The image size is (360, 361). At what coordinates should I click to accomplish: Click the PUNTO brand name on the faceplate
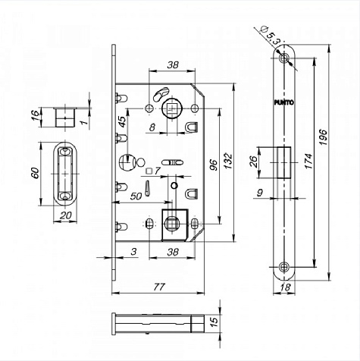coord(284,102)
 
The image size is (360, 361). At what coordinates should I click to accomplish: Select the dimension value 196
coord(324,137)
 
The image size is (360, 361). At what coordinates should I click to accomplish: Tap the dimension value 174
coord(308,161)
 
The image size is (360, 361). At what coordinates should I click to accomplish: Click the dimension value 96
coord(214,165)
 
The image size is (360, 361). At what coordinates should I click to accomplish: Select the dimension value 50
coord(136,196)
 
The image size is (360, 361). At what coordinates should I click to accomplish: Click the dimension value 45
coord(122,122)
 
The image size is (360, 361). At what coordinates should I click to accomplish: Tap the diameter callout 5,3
coord(270,36)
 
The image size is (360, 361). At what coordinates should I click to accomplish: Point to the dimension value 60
coord(36,173)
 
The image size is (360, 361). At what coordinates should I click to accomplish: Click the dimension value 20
coord(66,215)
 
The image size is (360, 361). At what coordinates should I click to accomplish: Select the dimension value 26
coord(253,162)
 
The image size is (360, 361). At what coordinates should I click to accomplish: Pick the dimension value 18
coord(286,287)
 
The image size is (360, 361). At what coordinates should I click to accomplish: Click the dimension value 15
coord(214,322)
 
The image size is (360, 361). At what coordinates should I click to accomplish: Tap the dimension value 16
coord(36,115)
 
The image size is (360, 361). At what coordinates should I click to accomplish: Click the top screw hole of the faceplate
coord(284,58)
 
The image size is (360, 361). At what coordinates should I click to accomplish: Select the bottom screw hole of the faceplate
coord(284,267)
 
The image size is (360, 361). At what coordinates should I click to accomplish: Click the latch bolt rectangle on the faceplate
coord(284,163)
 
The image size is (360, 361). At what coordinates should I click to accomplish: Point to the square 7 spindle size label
coord(153,171)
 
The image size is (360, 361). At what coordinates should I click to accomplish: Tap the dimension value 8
coord(152,127)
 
